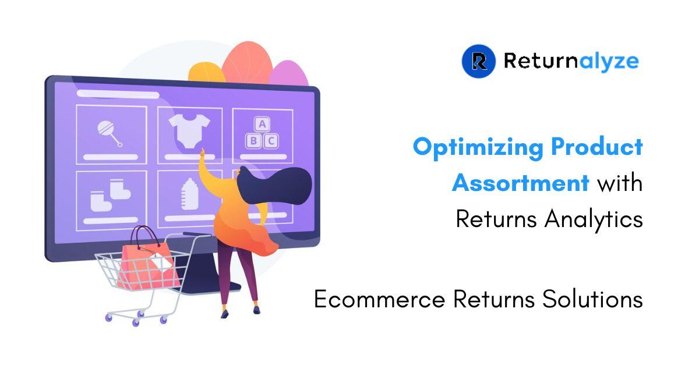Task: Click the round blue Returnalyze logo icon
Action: pos(478,61)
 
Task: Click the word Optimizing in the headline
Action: pos(478,147)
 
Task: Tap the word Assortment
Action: pos(521,183)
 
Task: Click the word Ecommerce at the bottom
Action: pos(379,299)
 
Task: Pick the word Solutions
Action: pos(592,299)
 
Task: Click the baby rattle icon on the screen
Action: pos(110,133)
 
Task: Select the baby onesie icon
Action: pos(189,131)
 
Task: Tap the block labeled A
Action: pos(262,124)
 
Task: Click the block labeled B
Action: pos(253,141)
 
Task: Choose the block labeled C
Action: pos(271,141)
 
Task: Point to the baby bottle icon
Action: pos(190,194)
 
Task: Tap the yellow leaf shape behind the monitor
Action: pos(206,73)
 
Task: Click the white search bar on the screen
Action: pos(118,94)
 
